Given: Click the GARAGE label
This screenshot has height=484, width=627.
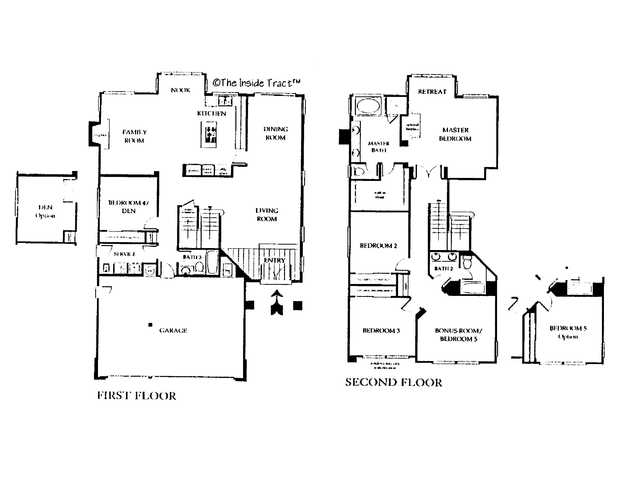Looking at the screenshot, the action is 173,331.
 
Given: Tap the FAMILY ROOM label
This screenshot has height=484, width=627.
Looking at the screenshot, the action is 134,136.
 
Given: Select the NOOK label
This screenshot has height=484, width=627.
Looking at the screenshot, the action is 181,90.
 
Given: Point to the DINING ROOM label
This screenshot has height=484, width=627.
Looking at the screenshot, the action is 276,133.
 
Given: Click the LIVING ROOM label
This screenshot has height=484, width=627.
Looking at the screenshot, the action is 267,215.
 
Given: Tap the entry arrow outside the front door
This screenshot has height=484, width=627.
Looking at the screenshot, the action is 277,302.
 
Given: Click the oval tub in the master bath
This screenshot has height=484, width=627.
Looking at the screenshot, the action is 368,106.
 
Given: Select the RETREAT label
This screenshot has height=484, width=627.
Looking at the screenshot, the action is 432,92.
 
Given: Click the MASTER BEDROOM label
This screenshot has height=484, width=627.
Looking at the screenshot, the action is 455,134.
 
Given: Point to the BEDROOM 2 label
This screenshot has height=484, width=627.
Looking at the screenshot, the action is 378,246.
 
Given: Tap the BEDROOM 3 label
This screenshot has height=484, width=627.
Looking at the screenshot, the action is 381,331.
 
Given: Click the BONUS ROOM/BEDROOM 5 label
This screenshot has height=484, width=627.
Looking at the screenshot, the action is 459,335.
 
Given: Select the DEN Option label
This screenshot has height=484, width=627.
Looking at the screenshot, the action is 45,211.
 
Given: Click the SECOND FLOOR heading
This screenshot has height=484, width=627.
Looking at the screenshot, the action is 393,382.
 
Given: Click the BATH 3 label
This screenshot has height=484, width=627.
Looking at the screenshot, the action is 192,257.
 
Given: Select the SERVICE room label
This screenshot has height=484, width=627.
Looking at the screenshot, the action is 124,254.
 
